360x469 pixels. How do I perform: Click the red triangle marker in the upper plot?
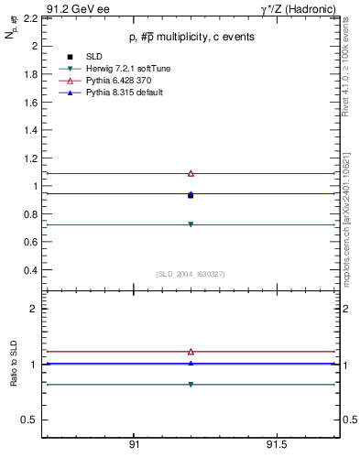pos(191,173)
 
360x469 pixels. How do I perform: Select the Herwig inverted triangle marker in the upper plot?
pos(191,224)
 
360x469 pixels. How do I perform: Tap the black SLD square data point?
pos(191,195)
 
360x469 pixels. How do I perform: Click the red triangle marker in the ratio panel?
pos(191,351)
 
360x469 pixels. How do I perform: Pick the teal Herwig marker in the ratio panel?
pos(191,384)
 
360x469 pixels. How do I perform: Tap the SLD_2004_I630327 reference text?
pos(191,273)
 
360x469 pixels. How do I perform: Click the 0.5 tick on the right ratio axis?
pos(348,420)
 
